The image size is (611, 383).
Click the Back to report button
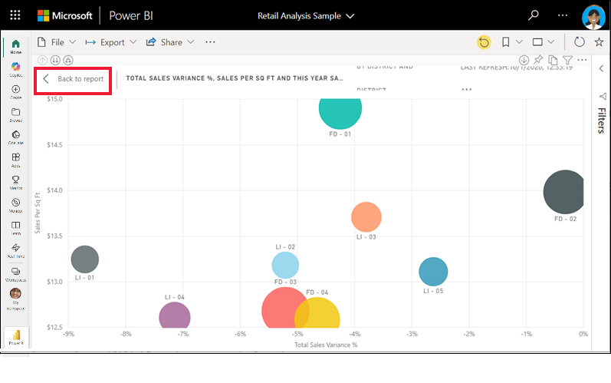[x=74, y=79]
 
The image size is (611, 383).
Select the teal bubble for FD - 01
[x=340, y=108]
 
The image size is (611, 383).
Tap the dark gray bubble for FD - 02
[x=565, y=192]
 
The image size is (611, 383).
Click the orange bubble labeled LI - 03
[x=366, y=217]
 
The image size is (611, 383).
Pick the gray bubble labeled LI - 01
[x=84, y=259]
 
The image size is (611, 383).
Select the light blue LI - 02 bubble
[x=284, y=265]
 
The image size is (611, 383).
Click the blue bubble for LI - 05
[x=433, y=271]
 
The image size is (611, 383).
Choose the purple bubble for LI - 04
[x=174, y=316]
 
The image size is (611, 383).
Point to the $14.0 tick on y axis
[x=54, y=190]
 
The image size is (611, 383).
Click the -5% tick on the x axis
[x=297, y=335]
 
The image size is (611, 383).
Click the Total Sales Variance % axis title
[x=326, y=345]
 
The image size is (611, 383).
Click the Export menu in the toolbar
[x=111, y=42]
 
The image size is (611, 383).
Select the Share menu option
[x=169, y=42]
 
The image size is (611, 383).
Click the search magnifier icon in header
[x=534, y=15]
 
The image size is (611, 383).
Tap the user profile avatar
[x=593, y=16]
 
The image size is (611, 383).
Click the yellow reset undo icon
[x=484, y=42]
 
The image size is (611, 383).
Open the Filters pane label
[x=602, y=121]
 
